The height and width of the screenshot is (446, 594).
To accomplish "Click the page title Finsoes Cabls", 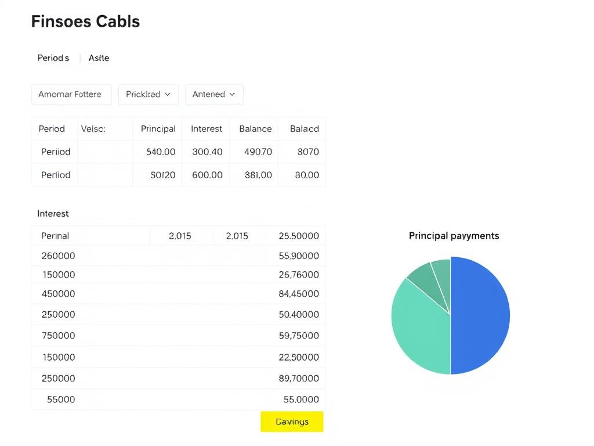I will (x=85, y=21).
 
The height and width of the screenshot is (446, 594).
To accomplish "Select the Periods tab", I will (x=53, y=58).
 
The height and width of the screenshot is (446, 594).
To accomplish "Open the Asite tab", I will (x=99, y=58).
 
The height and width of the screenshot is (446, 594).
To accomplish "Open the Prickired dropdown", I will (x=148, y=94).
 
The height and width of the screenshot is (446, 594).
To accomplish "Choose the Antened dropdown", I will (x=213, y=94).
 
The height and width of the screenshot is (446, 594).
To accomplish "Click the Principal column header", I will (x=158, y=129).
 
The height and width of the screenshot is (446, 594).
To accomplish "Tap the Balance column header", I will (x=255, y=129).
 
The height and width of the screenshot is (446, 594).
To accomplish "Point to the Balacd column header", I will (x=304, y=129).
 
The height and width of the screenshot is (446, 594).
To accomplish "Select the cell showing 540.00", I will (x=161, y=152).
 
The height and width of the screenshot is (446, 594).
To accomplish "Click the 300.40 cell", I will (x=207, y=152).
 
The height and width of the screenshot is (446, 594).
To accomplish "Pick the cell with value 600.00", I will (x=207, y=175).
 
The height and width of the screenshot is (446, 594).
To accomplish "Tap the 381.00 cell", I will (x=258, y=175).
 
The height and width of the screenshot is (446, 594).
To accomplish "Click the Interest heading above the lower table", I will (x=53, y=214).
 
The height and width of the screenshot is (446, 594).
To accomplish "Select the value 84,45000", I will (x=299, y=294).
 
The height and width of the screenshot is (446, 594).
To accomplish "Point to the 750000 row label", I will (x=58, y=335).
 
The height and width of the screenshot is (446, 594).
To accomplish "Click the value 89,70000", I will (x=299, y=378).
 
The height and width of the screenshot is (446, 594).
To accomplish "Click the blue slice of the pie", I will (x=480, y=315).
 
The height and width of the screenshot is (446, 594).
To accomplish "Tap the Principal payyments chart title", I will (x=454, y=236).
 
